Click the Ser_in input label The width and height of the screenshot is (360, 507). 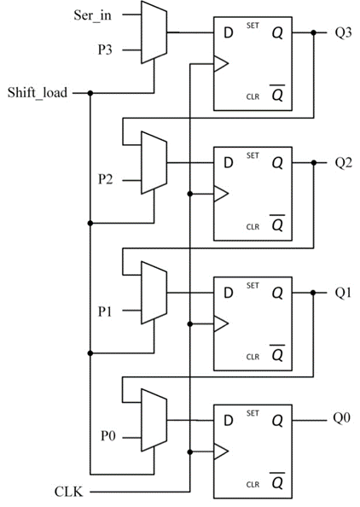[x=92, y=15]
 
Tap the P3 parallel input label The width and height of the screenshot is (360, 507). [x=105, y=50]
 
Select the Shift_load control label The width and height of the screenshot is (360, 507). [x=38, y=93]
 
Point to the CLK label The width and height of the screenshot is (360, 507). [x=68, y=492]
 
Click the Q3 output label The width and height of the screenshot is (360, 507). [x=343, y=32]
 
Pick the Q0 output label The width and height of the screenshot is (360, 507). [x=342, y=417]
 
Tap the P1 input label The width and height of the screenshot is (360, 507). [x=105, y=311]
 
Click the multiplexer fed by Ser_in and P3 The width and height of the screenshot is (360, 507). [x=154, y=32]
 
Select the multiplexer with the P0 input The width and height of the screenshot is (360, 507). [x=154, y=420]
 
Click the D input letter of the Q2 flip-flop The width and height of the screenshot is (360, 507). [x=229, y=163]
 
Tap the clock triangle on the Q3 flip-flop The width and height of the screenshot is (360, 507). [x=221, y=64]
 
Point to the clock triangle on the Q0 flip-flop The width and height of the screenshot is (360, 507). [x=221, y=452]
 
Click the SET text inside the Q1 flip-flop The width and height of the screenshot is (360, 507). [x=253, y=286]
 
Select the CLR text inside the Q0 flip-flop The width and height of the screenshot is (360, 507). [x=253, y=484]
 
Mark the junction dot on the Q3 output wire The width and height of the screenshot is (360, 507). [x=313, y=32]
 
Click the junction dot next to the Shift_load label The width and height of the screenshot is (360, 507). [x=90, y=93]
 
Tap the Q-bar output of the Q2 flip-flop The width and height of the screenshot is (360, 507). [x=277, y=223]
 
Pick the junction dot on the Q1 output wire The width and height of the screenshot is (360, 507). [x=313, y=293]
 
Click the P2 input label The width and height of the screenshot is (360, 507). [x=105, y=179]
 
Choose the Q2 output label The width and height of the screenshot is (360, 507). [x=343, y=163]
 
